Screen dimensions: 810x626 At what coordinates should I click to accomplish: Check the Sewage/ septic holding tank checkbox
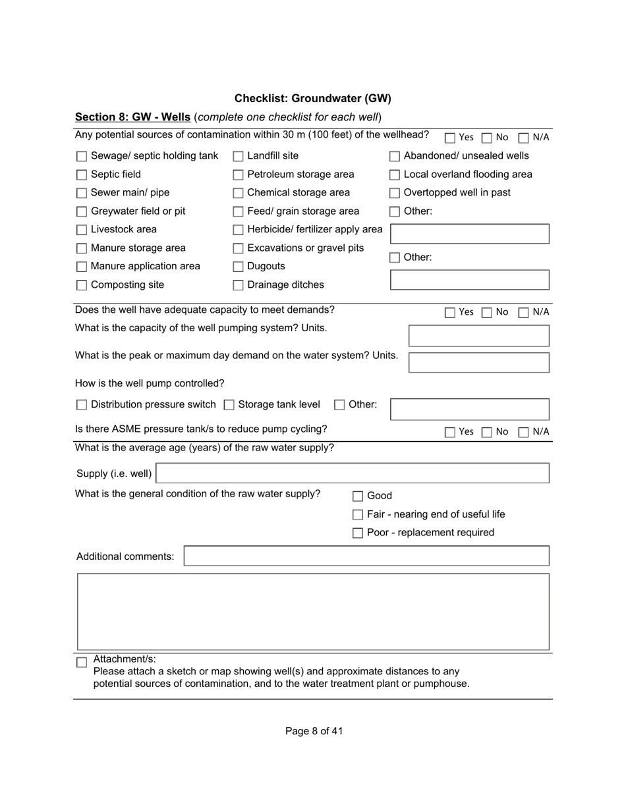click(82, 157)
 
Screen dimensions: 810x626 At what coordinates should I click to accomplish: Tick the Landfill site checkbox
click(239, 157)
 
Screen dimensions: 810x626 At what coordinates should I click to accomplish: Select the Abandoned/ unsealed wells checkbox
click(395, 157)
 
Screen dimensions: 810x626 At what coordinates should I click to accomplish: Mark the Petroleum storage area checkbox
click(239, 175)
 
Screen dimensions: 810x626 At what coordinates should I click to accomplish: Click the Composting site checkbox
click(82, 286)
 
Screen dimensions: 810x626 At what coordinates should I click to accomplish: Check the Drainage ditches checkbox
click(239, 286)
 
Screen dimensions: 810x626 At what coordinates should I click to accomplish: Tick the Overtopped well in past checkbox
click(395, 194)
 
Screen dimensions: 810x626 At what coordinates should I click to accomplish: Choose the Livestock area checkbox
click(82, 230)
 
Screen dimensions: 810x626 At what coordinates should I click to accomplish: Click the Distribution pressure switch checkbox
click(82, 405)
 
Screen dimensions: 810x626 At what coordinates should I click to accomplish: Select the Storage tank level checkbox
click(229, 405)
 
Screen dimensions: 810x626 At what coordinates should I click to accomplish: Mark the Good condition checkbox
click(358, 497)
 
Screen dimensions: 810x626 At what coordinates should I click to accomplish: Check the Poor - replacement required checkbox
click(358, 533)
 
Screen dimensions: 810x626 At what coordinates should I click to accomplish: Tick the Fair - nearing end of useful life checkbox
click(358, 515)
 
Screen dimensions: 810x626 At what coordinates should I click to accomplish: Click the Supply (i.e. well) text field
click(353, 473)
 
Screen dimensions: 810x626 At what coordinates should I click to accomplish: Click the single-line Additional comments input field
click(366, 556)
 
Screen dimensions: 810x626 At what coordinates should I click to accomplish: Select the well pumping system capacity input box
click(479, 336)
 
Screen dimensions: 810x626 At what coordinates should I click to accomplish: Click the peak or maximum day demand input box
click(479, 363)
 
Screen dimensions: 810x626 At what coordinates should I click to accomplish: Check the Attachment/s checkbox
click(82, 662)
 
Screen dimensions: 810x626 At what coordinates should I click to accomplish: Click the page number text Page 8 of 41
click(314, 731)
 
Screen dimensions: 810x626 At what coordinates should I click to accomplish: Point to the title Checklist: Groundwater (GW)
click(313, 99)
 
